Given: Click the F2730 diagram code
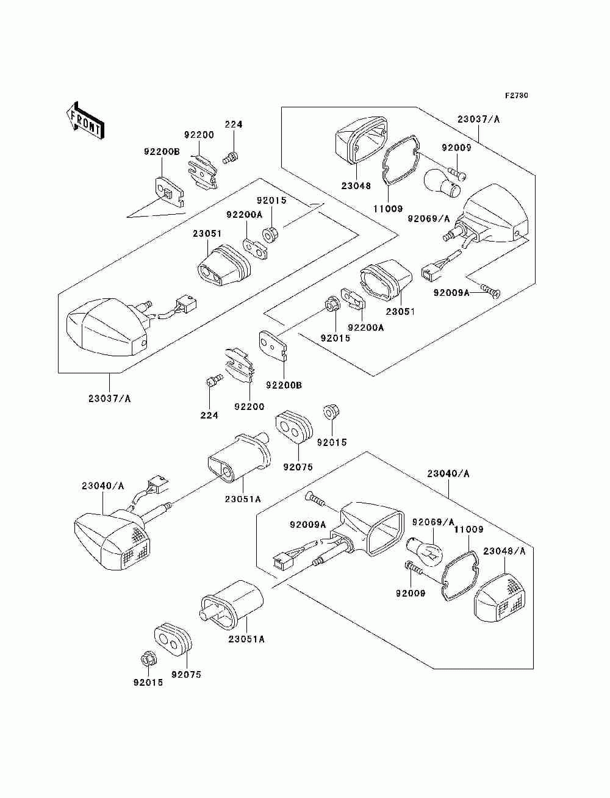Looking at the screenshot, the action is (x=516, y=96).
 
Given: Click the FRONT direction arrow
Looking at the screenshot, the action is (x=85, y=120).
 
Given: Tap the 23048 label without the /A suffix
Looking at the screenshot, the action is (x=356, y=186).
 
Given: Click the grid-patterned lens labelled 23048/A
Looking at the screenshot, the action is (x=500, y=603).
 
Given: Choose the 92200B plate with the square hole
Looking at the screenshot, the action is (x=170, y=192).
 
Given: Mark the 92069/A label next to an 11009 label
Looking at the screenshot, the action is (x=433, y=522).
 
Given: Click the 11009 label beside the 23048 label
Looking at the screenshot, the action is (x=388, y=209).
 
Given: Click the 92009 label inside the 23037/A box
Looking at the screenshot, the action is (x=457, y=148).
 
